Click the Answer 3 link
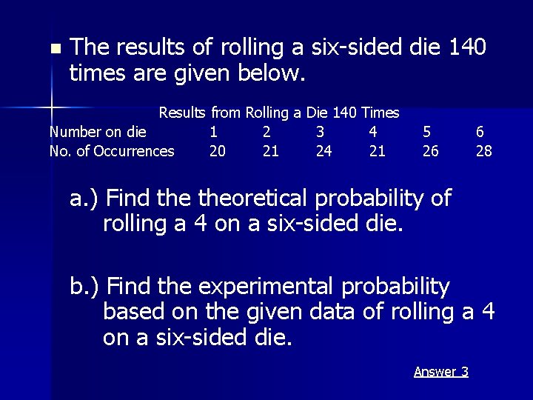(x=440, y=371)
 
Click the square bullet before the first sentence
(x=53, y=50)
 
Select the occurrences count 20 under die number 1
(x=218, y=151)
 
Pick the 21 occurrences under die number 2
(x=271, y=151)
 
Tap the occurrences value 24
(x=324, y=151)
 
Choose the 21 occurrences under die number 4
(x=377, y=151)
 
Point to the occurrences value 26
(x=430, y=151)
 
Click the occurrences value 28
(x=483, y=151)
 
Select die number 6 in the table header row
(x=480, y=132)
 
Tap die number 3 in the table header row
(x=320, y=132)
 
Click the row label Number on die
(x=97, y=132)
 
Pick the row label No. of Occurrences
(x=111, y=151)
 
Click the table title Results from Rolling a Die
(x=279, y=113)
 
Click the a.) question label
(x=86, y=198)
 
